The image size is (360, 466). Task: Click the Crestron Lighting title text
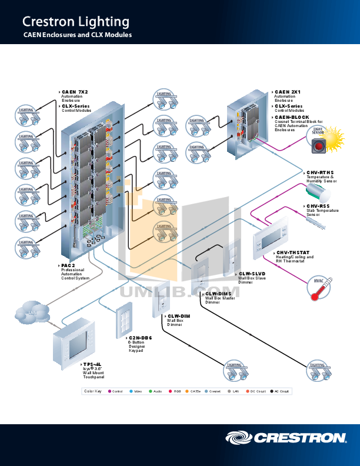click(75, 22)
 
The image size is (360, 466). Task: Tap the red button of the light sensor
click(318, 145)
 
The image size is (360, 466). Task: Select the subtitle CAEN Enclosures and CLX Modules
click(77, 36)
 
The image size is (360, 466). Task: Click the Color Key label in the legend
click(93, 391)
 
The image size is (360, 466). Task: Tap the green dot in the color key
click(152, 391)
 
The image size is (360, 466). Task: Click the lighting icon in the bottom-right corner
click(318, 371)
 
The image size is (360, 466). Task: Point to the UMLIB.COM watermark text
click(180, 292)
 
